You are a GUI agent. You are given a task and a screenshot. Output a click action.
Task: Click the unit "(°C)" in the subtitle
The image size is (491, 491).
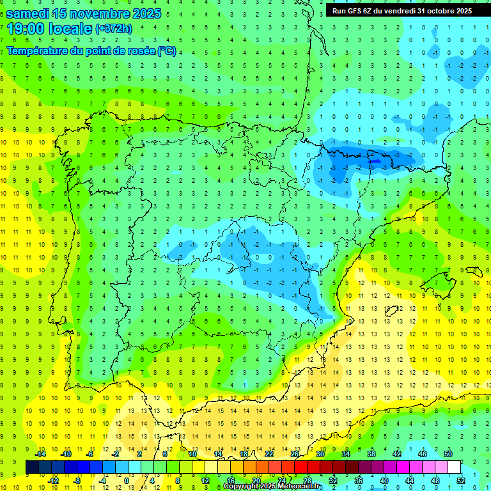(x=165, y=51)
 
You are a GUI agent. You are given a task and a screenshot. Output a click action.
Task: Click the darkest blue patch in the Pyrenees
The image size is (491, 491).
(x=373, y=162)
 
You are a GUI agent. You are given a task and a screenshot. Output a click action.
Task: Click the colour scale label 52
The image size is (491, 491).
(x=460, y=481)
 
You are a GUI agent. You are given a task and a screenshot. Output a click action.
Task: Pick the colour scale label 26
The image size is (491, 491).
(x=295, y=453)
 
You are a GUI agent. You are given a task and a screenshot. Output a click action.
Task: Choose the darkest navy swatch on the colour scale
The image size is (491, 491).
(x=32, y=467)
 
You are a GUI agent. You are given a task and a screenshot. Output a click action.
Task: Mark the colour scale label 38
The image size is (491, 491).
(x=371, y=453)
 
